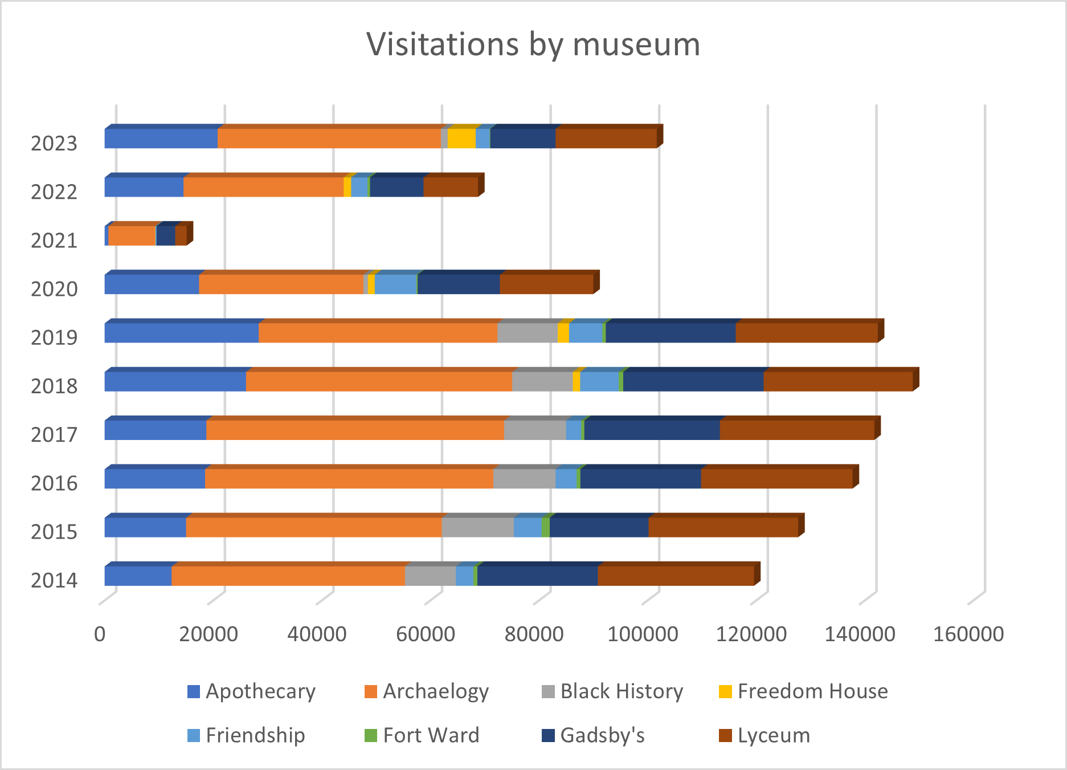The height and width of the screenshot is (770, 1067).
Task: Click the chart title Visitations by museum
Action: tap(533, 44)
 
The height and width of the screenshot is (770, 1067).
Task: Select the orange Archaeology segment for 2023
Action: tap(329, 138)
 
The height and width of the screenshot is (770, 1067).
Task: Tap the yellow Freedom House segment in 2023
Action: tap(461, 138)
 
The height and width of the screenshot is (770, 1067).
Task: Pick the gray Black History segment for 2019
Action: tap(527, 333)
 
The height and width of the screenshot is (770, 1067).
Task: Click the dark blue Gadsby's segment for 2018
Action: tap(693, 381)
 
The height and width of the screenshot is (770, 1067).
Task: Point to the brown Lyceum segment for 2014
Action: tap(676, 576)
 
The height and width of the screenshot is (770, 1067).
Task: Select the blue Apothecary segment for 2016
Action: tap(154, 479)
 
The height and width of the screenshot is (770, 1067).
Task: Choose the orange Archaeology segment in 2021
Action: tap(132, 236)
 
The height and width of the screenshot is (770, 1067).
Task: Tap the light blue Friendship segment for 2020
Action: tap(395, 284)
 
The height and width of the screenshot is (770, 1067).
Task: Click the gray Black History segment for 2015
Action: tap(477, 527)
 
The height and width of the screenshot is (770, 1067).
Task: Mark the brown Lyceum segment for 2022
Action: tap(450, 187)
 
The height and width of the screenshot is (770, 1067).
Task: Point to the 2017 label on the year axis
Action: tap(54, 435)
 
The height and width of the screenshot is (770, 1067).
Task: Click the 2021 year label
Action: tap(54, 241)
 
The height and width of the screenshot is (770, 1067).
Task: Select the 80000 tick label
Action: tap(534, 634)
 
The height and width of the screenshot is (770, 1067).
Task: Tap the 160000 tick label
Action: tap(968, 634)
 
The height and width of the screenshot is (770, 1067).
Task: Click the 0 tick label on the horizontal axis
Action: tap(100, 634)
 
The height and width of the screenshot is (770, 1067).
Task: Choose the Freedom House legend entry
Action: tap(803, 691)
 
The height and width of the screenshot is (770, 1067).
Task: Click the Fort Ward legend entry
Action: tap(422, 735)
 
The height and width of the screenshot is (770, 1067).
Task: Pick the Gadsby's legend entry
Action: tap(593, 735)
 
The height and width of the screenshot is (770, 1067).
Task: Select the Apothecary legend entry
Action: tap(251, 691)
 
